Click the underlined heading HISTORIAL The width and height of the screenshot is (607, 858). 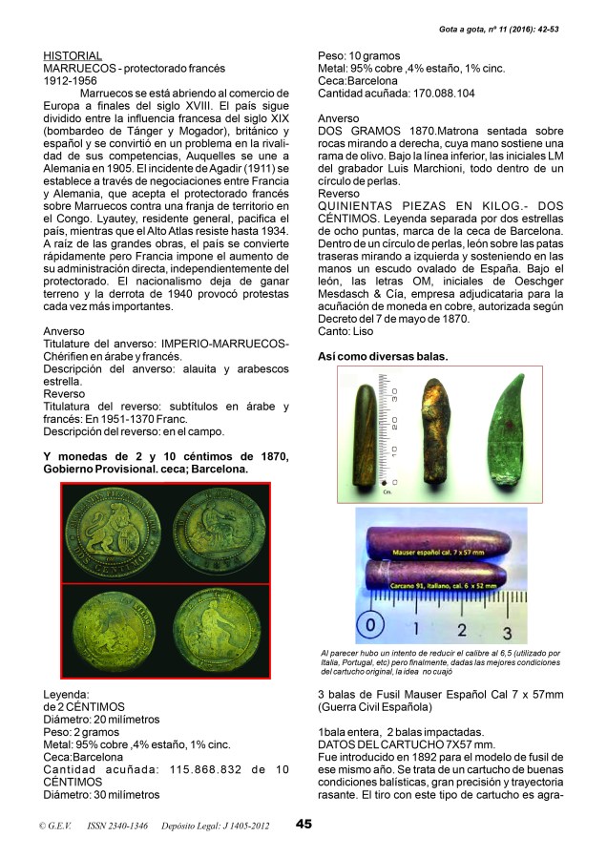tap(73, 56)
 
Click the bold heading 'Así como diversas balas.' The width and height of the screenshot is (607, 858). tap(382, 356)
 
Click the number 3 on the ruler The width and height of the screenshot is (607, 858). tap(507, 632)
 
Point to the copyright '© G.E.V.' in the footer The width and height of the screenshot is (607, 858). tap(51, 826)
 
